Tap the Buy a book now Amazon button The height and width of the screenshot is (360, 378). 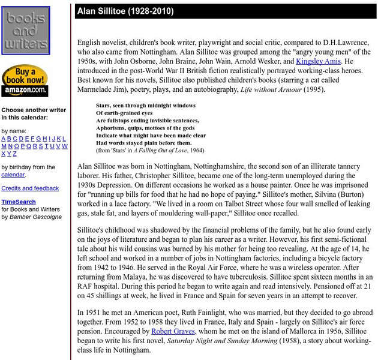click(x=25, y=81)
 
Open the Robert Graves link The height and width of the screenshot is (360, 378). click(x=172, y=331)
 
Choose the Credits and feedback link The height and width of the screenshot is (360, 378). click(x=30, y=188)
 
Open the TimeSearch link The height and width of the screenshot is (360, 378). click(x=19, y=202)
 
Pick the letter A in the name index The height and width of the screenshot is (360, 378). click(x=4, y=138)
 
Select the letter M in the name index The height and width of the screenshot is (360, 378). click(x=4, y=146)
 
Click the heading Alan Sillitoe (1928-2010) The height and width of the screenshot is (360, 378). click(x=124, y=11)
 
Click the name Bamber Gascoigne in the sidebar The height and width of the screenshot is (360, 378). click(x=31, y=217)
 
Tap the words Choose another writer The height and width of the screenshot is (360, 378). click(x=32, y=110)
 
